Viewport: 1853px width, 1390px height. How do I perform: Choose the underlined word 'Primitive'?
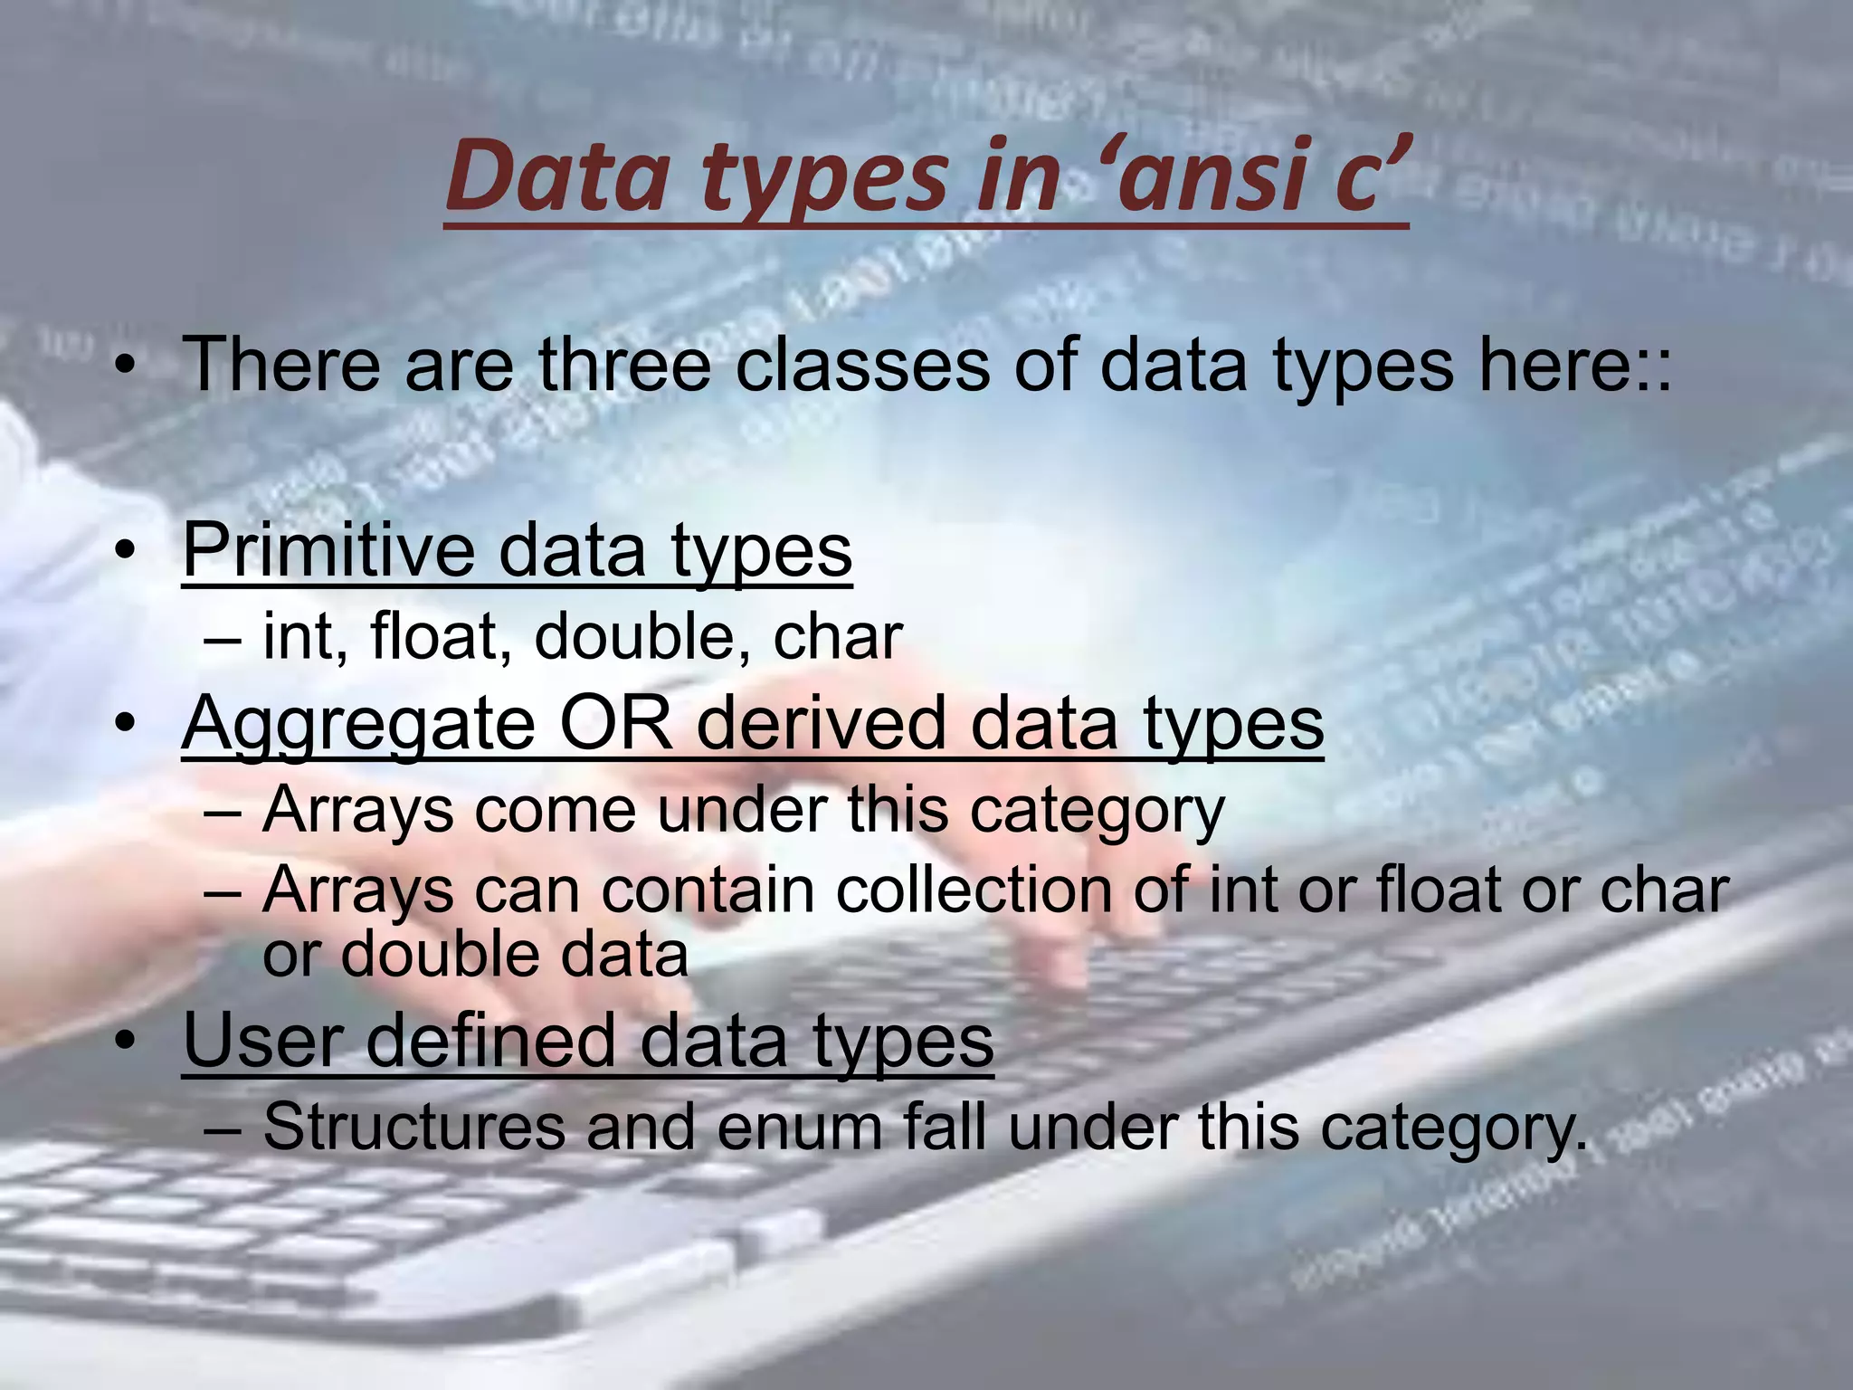[x=328, y=550]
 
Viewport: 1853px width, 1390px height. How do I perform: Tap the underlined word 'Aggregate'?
[x=358, y=724]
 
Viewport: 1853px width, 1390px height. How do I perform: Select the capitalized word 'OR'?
[x=616, y=724]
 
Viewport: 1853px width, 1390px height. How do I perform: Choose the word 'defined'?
[x=491, y=1041]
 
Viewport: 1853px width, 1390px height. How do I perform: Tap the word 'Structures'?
[x=413, y=1128]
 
